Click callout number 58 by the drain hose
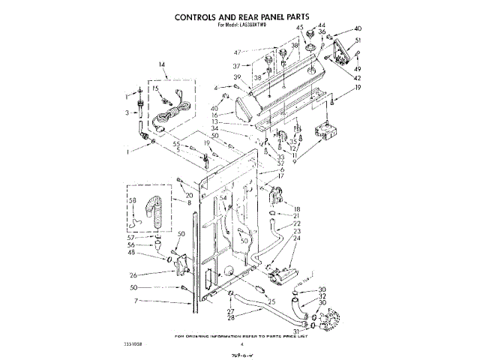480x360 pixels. tap(132, 202)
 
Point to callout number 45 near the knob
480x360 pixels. tap(299, 28)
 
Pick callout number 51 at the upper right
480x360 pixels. tap(358, 40)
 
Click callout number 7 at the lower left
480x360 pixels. tap(136, 301)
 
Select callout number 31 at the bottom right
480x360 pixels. tap(295, 331)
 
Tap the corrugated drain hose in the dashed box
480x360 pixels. tap(155, 211)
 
